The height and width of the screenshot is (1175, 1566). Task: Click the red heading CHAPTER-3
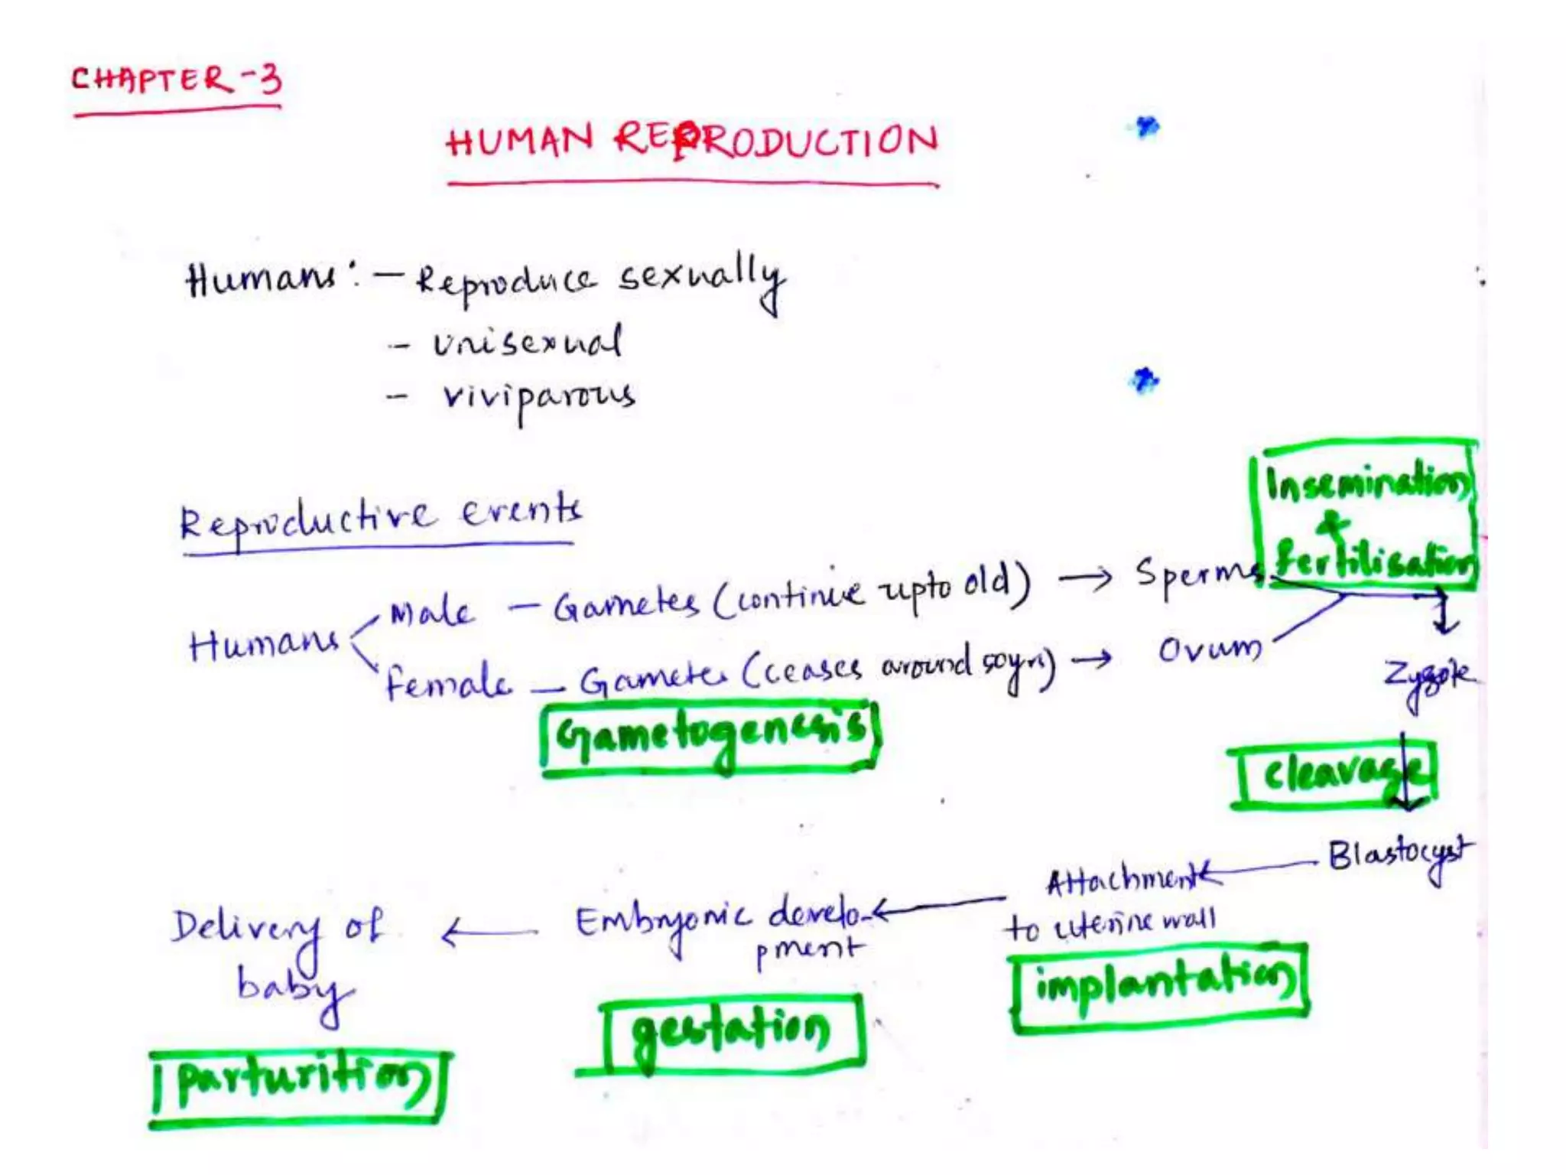click(177, 80)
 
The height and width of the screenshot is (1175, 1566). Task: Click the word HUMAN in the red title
click(520, 141)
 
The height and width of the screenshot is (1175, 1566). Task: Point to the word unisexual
click(528, 343)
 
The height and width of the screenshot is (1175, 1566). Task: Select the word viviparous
click(538, 397)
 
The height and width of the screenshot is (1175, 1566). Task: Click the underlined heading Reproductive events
click(380, 517)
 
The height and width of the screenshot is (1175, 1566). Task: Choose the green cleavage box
click(1335, 774)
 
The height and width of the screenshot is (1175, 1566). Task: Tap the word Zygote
click(1427, 678)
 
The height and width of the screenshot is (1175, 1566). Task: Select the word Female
click(447, 682)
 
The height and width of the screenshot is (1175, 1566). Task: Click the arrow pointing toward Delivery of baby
click(489, 933)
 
